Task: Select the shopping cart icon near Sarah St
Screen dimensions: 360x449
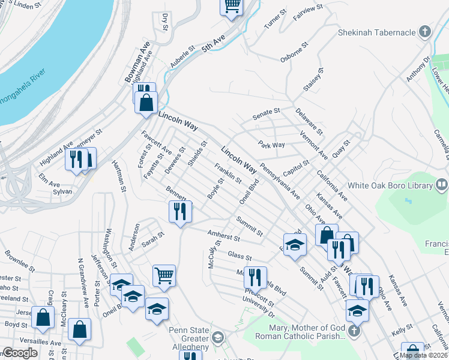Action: [163, 275]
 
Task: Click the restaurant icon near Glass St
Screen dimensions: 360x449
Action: [255, 277]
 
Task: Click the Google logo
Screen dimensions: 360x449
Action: [20, 353]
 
